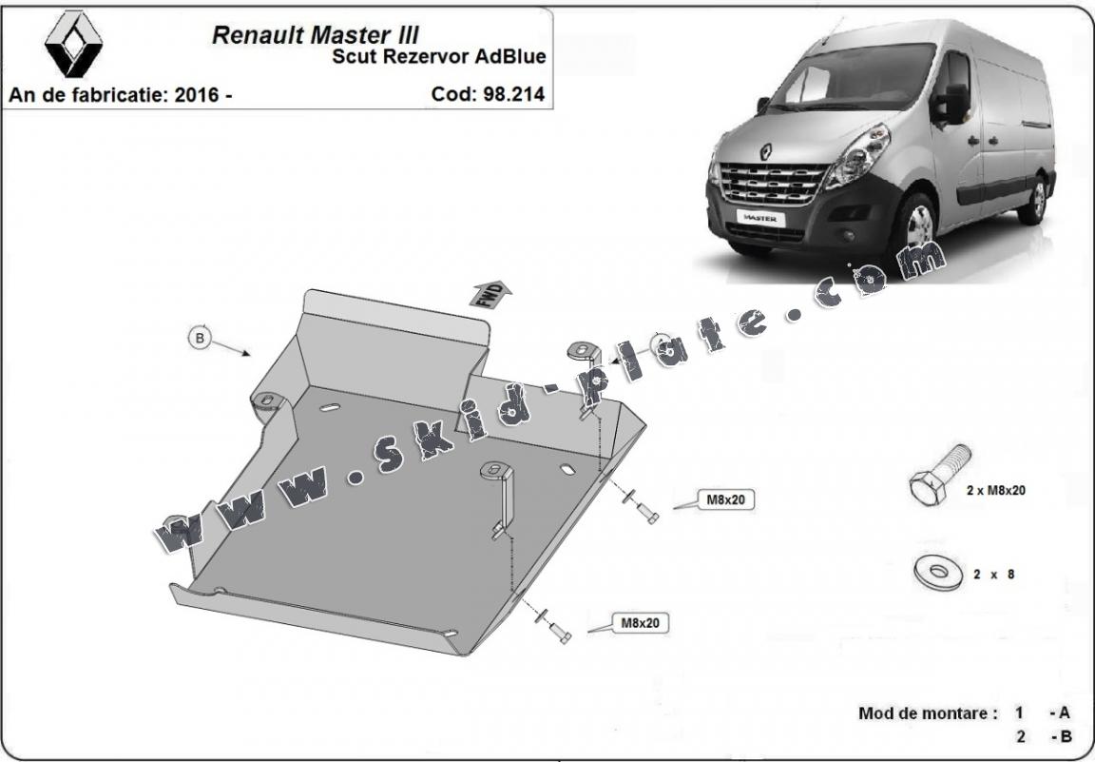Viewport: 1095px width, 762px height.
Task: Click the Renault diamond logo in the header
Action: pos(73,45)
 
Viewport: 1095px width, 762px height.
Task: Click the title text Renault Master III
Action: pos(315,35)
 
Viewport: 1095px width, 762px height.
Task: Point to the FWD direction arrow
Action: pos(490,293)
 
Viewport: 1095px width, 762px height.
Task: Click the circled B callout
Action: pos(200,338)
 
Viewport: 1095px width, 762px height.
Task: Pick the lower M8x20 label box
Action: pos(640,623)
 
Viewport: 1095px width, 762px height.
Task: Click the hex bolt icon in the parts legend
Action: pos(939,477)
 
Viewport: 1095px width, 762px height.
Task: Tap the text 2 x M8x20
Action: pos(995,491)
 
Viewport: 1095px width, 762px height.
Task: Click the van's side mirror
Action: pos(953,104)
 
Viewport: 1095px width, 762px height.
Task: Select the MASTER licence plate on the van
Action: pos(759,217)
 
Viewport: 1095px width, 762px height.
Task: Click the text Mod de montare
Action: pos(928,713)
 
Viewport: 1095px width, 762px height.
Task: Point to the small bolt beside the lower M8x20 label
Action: pos(558,632)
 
